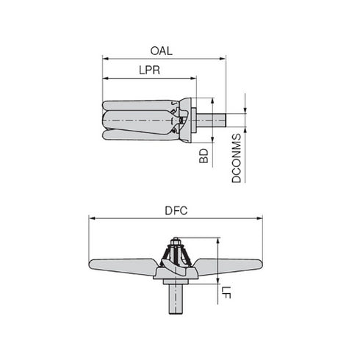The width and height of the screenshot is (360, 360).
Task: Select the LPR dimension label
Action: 149,71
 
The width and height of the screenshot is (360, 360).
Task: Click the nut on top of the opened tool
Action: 179,240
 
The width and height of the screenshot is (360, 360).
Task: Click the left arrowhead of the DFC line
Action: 91,217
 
